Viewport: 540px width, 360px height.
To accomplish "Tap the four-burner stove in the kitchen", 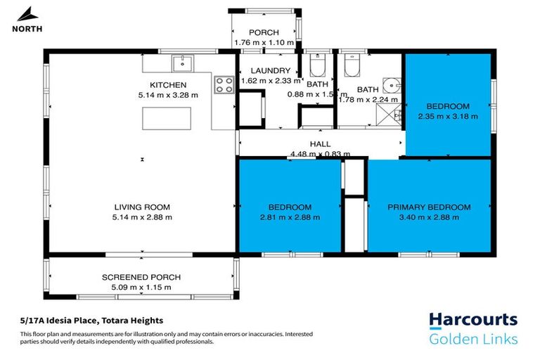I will pyautogui.click(x=224, y=84).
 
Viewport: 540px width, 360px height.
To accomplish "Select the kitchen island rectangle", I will pyautogui.click(x=172, y=119).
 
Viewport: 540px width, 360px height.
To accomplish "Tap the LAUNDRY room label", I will pyautogui.click(x=270, y=71).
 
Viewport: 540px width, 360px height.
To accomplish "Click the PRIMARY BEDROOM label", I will pyautogui.click(x=429, y=207).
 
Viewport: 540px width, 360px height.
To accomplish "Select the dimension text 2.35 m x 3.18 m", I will pyautogui.click(x=448, y=117).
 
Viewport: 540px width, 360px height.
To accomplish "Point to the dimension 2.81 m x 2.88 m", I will pyautogui.click(x=290, y=217).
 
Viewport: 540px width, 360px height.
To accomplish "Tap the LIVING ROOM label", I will pyautogui.click(x=143, y=207).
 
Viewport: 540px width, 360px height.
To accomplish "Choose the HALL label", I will pyautogui.click(x=320, y=144).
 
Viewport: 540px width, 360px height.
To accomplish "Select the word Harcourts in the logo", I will pyautogui.click(x=473, y=321).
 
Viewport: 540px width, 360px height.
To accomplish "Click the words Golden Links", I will pyautogui.click(x=473, y=340).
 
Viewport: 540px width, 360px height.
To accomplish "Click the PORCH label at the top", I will pyautogui.click(x=264, y=32).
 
